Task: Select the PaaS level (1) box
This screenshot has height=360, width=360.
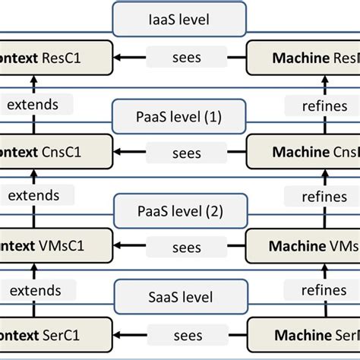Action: pos(179,117)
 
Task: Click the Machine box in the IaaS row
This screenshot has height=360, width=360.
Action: pos(304,57)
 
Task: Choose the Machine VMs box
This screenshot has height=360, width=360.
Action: pos(304,246)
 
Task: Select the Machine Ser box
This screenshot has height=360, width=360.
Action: pos(304,336)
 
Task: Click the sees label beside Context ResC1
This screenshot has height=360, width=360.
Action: pos(186,57)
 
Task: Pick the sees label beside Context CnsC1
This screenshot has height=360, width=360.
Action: pos(186,153)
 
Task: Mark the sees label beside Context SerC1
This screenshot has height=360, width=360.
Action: pos(186,336)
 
